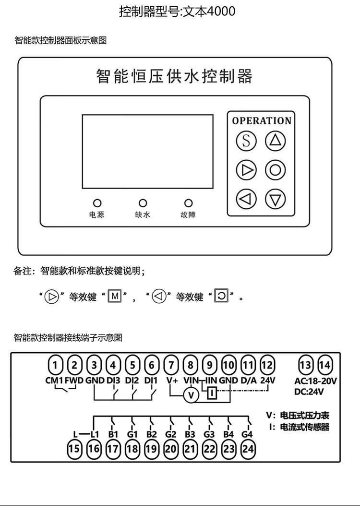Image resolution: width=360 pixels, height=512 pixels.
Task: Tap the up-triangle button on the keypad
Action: point(275,141)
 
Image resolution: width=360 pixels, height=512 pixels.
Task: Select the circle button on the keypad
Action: point(275,170)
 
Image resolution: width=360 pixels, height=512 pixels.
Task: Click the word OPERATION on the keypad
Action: point(262,121)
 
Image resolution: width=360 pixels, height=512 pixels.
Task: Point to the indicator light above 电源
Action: point(96,203)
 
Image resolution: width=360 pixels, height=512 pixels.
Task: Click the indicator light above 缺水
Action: point(143,203)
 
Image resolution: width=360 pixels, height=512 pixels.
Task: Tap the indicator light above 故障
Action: point(189,203)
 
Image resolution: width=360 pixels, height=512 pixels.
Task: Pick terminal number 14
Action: point(325,365)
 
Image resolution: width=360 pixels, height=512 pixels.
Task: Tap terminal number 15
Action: point(74,449)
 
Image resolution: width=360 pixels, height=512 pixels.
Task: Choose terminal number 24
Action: point(248,449)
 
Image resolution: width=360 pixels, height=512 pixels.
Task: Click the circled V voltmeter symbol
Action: point(192,395)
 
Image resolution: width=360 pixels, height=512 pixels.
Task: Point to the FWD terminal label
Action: point(74,381)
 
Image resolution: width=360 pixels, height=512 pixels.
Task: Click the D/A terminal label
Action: point(248,381)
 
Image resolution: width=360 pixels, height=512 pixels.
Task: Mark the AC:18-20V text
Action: point(315,381)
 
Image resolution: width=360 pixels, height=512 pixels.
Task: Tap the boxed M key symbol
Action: point(114,297)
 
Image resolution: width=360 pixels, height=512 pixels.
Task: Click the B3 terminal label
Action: point(190,435)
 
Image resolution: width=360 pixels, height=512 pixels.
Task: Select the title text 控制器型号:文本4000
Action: point(177,11)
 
